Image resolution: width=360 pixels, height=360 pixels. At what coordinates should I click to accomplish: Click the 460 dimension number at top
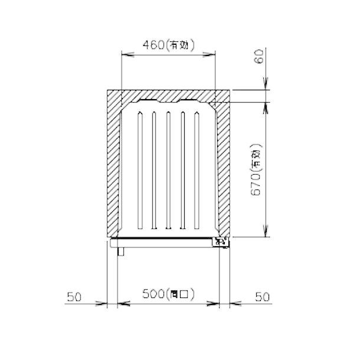[x=150, y=44]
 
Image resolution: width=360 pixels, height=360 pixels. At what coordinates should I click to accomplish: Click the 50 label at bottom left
[x=74, y=297]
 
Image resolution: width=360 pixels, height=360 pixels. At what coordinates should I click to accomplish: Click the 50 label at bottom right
[x=262, y=297]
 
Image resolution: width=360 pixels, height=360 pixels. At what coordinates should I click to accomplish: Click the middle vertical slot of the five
[x=168, y=171]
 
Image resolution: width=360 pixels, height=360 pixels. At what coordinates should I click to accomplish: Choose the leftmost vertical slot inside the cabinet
[x=140, y=171]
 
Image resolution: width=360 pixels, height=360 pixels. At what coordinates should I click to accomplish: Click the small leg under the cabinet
[x=120, y=252]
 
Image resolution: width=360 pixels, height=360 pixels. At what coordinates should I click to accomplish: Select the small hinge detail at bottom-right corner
[x=221, y=242]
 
